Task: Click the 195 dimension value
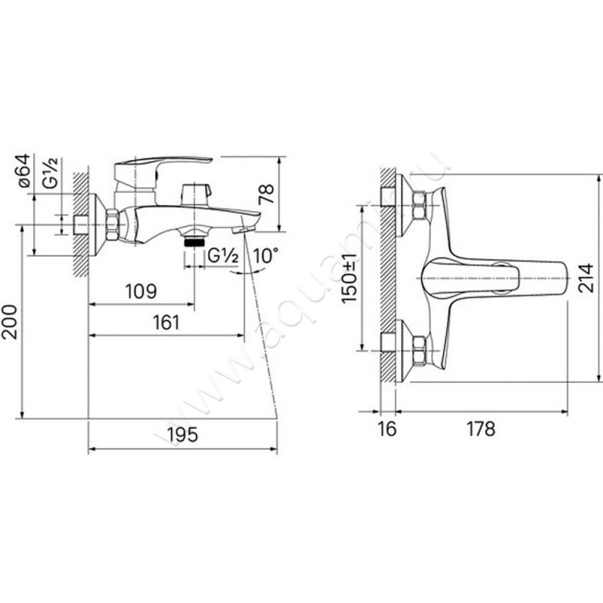[x=182, y=435]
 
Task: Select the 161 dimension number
[x=166, y=323]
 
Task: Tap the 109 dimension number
[x=141, y=292]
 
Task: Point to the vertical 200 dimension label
[x=9, y=323]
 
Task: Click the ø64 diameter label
[x=23, y=171]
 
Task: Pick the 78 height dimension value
[x=266, y=194]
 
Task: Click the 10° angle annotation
[x=265, y=256]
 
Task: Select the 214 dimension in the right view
[x=586, y=278]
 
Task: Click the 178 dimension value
[x=481, y=428]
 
